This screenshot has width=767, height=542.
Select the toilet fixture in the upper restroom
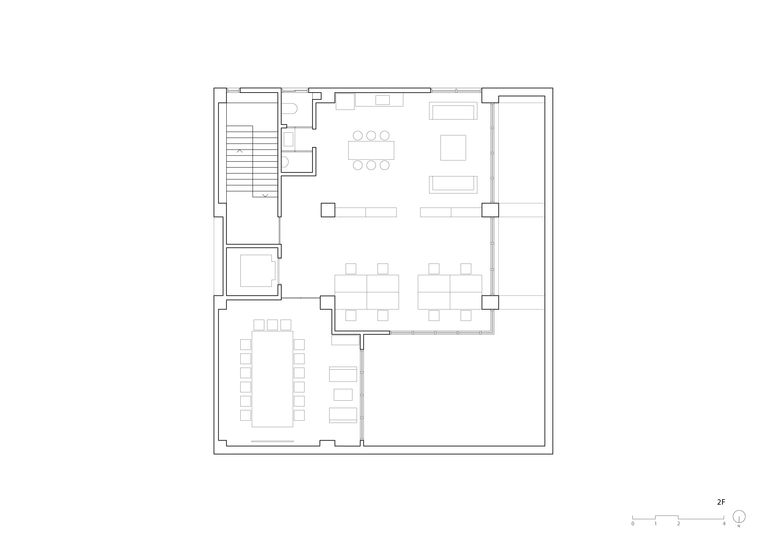(289, 109)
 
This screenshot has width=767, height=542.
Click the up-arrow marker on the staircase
(239, 151)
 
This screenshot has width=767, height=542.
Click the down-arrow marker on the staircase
(265, 195)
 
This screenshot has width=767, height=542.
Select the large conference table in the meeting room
(272, 379)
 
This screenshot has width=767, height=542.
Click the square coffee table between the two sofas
(453, 148)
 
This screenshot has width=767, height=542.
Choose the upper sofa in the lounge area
(453, 111)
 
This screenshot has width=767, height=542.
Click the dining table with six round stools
(371, 150)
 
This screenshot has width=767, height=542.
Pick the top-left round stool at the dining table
(358, 135)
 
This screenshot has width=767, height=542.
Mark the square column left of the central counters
(328, 210)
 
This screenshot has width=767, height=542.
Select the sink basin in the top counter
(382, 100)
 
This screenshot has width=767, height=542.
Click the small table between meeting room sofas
(343, 395)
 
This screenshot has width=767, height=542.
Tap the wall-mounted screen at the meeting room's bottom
(272, 441)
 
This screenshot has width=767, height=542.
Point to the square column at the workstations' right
(490, 302)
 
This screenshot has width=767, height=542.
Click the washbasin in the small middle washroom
(288, 139)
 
